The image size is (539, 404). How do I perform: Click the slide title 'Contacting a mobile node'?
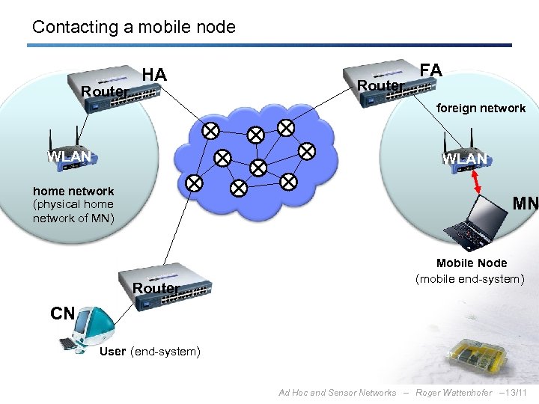[133, 28]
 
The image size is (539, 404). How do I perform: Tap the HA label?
[154, 75]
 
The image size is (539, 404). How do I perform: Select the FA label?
[431, 70]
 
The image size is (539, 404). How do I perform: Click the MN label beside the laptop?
[525, 203]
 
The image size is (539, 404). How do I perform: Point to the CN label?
[63, 313]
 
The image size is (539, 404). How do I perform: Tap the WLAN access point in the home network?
[69, 153]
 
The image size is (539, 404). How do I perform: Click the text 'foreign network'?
[481, 108]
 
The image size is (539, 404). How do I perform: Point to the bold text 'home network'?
[73, 192]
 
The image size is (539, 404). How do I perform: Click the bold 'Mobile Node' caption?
[472, 263]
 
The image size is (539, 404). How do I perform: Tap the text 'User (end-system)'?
[150, 352]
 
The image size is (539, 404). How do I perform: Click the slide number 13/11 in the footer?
[516, 393]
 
